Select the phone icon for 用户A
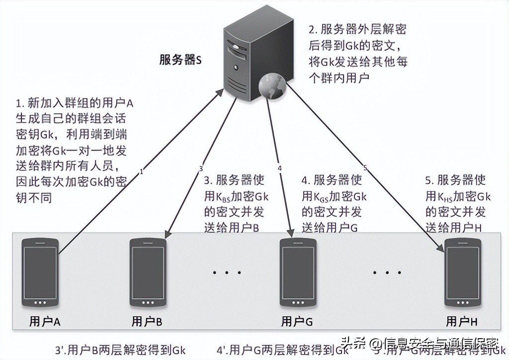tap(41, 272)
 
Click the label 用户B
tap(147, 322)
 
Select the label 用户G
tap(297, 322)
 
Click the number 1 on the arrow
tap(142, 172)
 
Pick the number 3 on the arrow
tap(201, 168)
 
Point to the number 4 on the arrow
tap(280, 168)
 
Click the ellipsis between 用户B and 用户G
tap(226, 272)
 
